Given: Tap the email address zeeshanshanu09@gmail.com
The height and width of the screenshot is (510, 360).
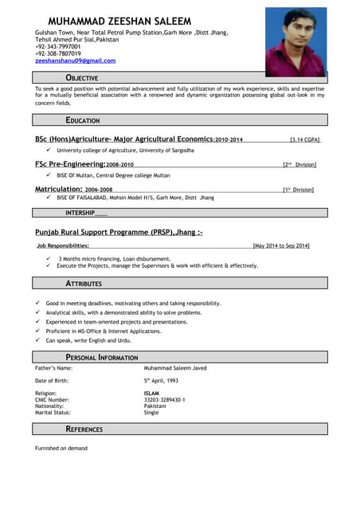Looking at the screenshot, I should [75, 61].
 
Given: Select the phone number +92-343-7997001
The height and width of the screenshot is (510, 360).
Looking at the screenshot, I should [58, 46].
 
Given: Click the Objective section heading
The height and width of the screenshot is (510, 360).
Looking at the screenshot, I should [82, 78].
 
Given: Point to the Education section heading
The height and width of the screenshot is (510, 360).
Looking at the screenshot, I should [83, 120].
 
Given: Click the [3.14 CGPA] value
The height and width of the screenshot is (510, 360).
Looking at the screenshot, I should [304, 139].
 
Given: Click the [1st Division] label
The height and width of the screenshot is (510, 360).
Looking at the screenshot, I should [299, 190].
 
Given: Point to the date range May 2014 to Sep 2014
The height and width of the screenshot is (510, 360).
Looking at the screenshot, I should [281, 245].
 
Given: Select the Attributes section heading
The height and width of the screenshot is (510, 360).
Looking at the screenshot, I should [83, 283].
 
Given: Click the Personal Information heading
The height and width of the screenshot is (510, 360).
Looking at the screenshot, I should [101, 357].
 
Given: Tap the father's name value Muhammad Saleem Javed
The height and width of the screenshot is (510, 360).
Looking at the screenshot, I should [175, 368].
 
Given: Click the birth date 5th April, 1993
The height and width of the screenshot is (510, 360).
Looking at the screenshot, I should [161, 381].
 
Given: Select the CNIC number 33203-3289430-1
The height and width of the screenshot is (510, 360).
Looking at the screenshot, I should [164, 399].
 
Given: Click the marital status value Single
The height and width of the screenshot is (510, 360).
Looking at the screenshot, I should [151, 412].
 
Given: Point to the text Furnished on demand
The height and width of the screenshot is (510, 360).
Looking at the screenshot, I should [61, 448].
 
